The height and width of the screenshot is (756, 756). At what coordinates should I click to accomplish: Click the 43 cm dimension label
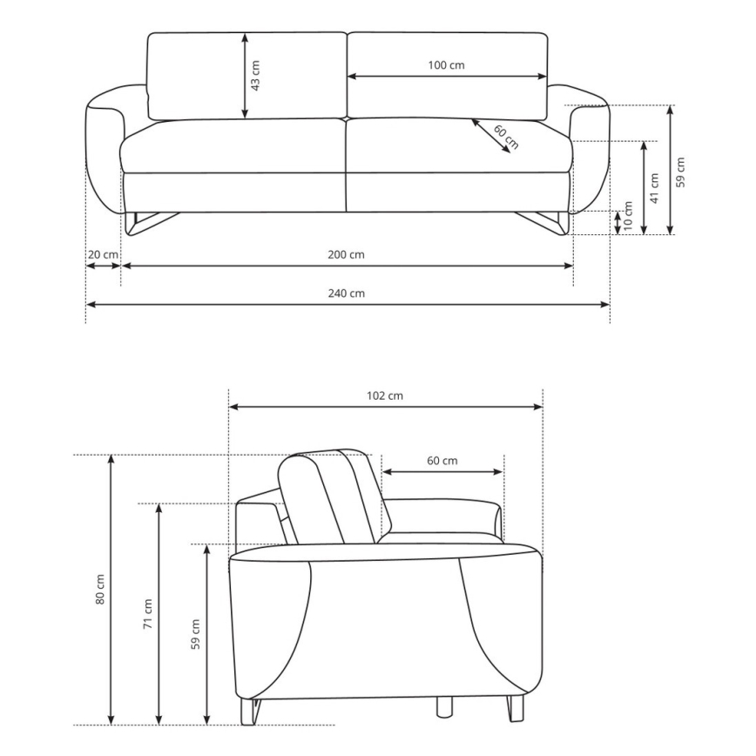click(x=255, y=74)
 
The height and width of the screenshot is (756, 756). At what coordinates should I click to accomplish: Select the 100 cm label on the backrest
click(x=447, y=65)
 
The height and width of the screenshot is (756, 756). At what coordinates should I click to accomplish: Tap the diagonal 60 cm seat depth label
click(x=505, y=138)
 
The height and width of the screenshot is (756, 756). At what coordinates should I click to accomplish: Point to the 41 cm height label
click(x=654, y=187)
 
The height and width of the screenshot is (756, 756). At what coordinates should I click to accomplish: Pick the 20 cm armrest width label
click(x=103, y=254)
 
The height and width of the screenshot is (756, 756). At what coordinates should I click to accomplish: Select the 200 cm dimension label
click(x=347, y=254)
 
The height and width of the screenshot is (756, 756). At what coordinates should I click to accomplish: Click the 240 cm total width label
click(x=348, y=294)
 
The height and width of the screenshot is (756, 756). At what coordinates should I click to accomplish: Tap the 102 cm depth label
click(x=385, y=395)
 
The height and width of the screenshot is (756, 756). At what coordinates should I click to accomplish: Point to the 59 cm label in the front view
click(x=681, y=171)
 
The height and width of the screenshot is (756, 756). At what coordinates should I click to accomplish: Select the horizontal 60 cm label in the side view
click(x=442, y=461)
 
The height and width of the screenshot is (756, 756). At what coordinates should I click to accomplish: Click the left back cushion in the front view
click(x=246, y=76)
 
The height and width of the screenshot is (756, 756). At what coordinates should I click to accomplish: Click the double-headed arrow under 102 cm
click(x=385, y=407)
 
